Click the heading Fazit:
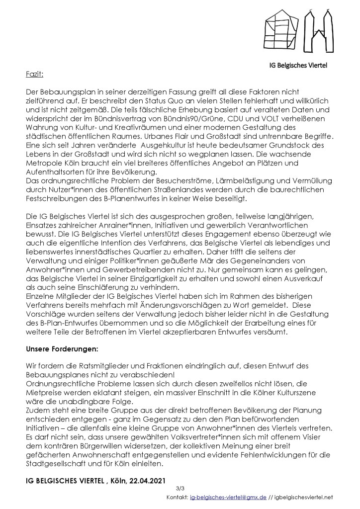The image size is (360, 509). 34,75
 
